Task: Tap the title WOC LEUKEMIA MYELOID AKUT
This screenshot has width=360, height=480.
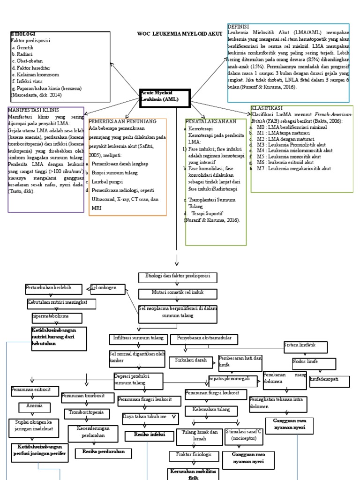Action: point(180,34)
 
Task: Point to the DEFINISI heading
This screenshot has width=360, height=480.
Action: point(239,27)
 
